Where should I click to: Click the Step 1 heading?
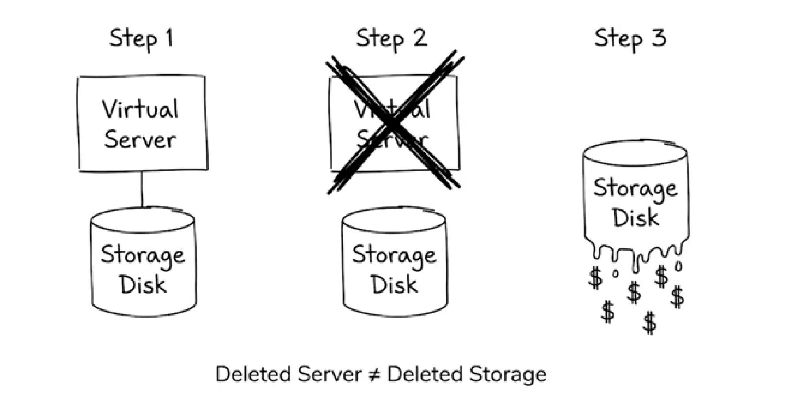[x=141, y=38]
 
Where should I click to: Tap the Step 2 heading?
[x=392, y=38]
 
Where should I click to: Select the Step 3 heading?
[x=630, y=38]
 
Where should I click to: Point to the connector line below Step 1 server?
[x=142, y=189]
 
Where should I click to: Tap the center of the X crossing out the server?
[x=393, y=124]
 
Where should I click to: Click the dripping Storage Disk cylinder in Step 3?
[x=635, y=199]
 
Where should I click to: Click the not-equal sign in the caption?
[x=374, y=375]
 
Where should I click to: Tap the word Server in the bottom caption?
[x=330, y=374]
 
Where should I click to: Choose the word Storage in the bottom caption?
[x=507, y=374]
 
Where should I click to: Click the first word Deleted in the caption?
[x=254, y=374]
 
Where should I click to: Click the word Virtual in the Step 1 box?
[x=141, y=109]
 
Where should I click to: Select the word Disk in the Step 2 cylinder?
[x=394, y=284]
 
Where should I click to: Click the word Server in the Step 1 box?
[x=140, y=139]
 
